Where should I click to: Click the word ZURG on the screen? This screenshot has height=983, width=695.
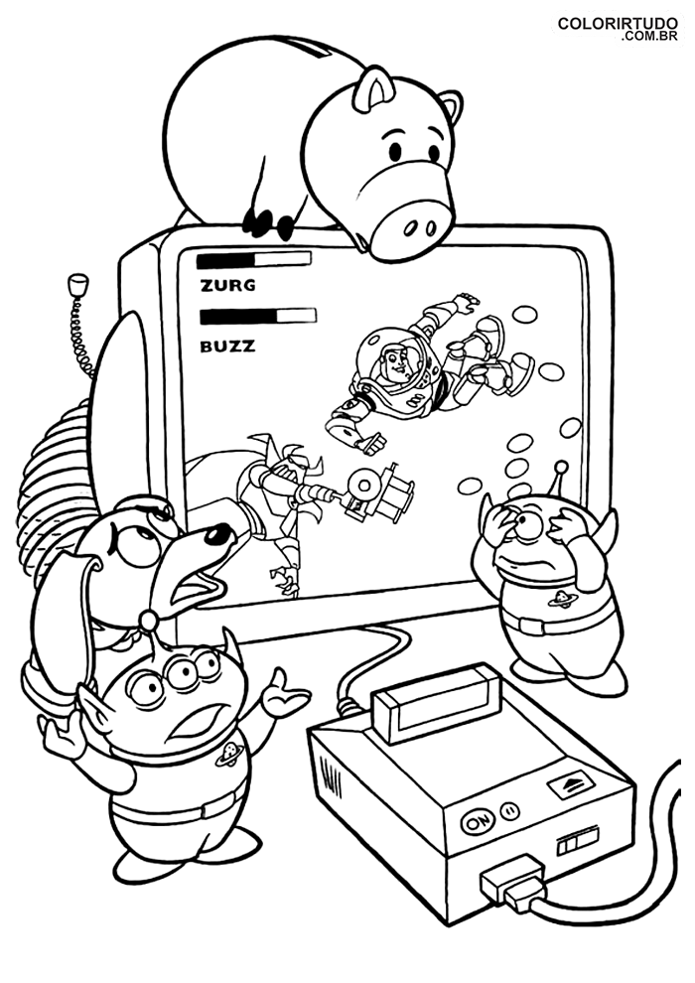tap(227, 286)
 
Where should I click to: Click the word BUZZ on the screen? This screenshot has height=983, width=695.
tap(227, 347)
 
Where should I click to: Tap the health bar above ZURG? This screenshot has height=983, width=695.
tap(254, 259)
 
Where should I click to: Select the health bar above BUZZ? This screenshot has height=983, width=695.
tap(258, 317)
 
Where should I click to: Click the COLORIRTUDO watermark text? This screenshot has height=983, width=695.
tap(618, 23)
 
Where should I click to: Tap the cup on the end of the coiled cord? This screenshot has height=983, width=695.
tap(78, 285)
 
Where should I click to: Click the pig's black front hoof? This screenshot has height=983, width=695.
tap(259, 222)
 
